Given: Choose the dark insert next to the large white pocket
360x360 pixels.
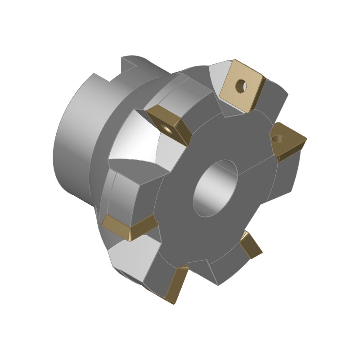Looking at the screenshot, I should pos(169,125).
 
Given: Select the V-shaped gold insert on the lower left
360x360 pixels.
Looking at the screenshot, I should pos(130,227).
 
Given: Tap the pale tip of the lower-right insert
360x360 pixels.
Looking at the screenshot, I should pos(245,234).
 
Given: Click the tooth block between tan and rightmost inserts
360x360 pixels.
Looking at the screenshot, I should pos(272,106).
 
